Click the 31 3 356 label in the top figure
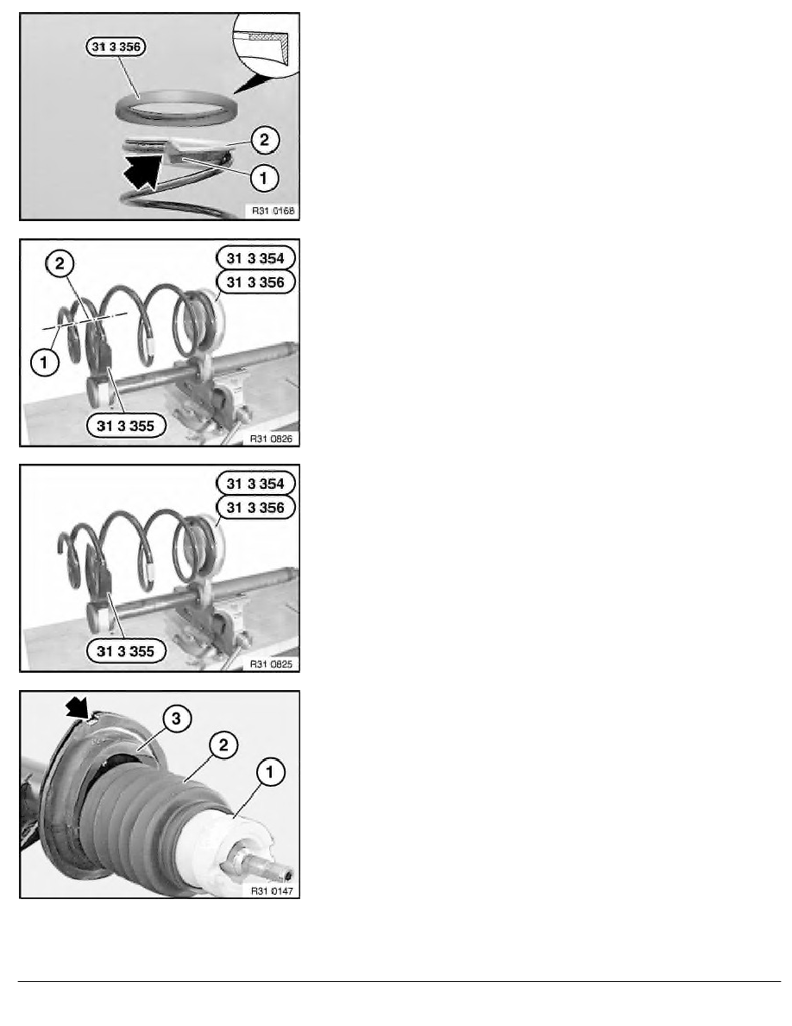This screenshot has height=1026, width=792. click(116, 47)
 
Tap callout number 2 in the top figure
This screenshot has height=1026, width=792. click(264, 139)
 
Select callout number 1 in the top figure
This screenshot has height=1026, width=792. click(263, 177)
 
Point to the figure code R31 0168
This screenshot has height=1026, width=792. click(273, 211)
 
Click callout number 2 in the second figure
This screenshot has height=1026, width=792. click(60, 263)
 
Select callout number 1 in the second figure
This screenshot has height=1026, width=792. click(45, 362)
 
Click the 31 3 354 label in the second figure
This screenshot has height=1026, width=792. click(255, 258)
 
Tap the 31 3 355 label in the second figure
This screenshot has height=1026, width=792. click(125, 426)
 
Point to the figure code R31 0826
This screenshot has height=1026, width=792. click(272, 439)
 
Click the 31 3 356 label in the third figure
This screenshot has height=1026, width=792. click(255, 507)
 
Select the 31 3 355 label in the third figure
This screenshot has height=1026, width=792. click(125, 651)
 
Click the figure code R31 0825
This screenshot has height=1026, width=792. click(272, 663)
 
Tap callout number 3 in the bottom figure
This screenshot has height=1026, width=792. click(177, 719)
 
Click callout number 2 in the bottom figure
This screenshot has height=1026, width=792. click(223, 744)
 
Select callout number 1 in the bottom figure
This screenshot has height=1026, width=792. click(270, 771)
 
